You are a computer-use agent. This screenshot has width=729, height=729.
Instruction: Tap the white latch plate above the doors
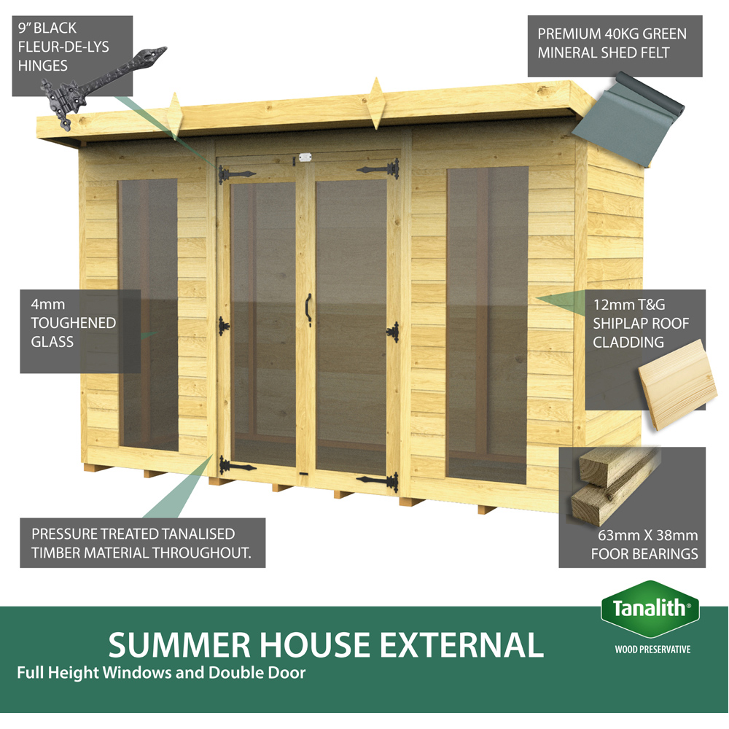click(x=304, y=157)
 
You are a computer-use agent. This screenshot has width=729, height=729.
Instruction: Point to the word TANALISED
click(x=200, y=534)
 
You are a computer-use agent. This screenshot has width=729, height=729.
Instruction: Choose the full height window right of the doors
click(x=487, y=324)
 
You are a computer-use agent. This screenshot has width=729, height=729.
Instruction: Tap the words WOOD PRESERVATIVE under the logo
click(x=652, y=649)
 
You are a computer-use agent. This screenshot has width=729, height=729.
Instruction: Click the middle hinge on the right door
click(x=392, y=332)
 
